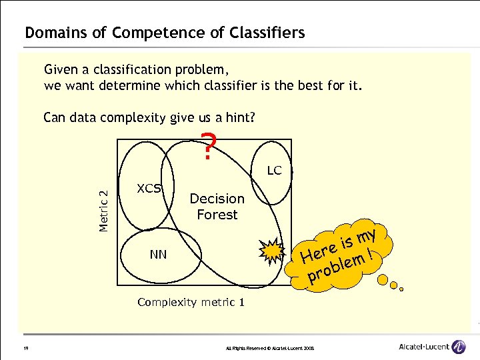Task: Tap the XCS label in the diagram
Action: (x=149, y=188)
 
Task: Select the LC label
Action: (x=274, y=171)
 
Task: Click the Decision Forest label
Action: (x=217, y=207)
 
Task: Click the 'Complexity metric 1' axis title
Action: (x=191, y=302)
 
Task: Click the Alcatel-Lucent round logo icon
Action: (x=459, y=347)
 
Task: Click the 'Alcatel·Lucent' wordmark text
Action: (x=423, y=347)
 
